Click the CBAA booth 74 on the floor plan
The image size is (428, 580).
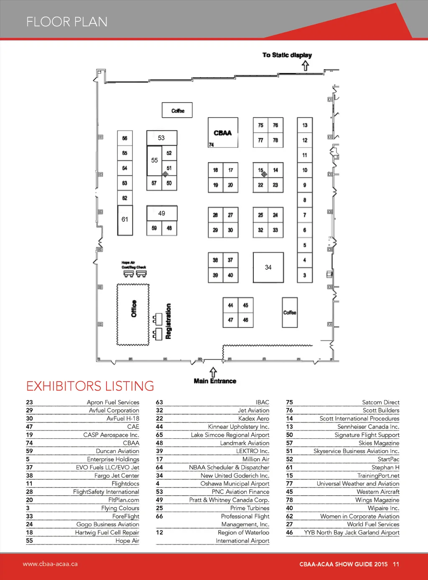pos(223,132)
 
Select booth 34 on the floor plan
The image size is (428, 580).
pos(268,268)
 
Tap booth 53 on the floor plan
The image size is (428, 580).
pos(162,138)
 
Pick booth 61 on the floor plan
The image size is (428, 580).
pos(125,220)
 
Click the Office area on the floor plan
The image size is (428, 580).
pos(133,315)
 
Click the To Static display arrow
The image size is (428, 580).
pos(306,66)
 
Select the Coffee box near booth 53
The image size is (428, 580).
pos(177,110)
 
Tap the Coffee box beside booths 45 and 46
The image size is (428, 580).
pos(290,312)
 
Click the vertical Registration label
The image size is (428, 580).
pos(168,321)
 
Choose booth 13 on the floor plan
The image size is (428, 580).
pos(305,125)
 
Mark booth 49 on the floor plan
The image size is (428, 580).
pos(162,213)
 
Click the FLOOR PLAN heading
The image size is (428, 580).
pos(67,22)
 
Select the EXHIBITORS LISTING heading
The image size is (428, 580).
pos(90,386)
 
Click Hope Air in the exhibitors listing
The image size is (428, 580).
pos(127,541)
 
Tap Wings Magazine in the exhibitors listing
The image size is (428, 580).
pos(377,500)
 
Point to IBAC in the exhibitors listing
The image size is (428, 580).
pos(262,402)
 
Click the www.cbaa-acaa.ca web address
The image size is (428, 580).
pos(50,564)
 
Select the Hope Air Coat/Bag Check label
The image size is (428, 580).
pos(134,265)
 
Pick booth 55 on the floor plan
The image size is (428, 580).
pos(155,160)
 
